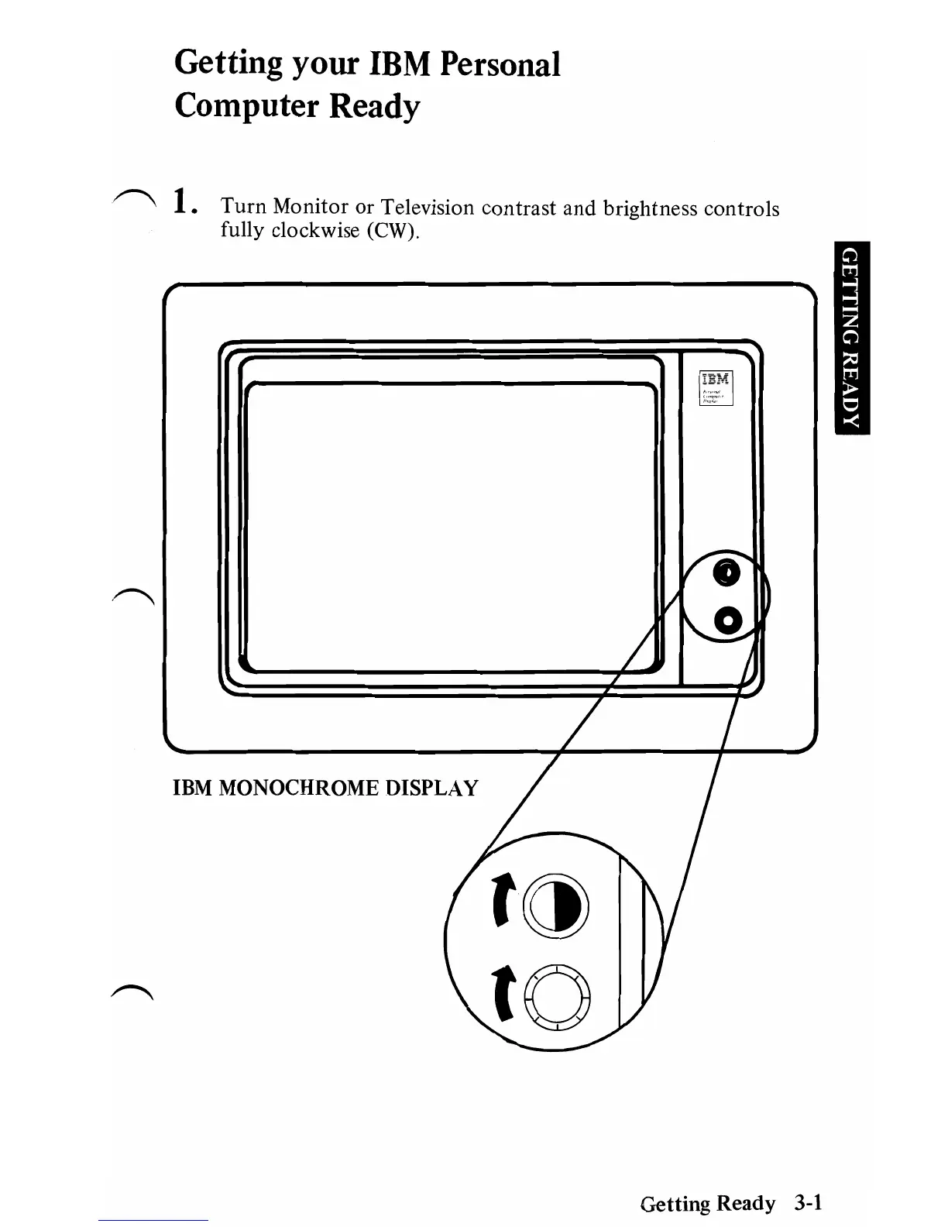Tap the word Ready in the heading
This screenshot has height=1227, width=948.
(375, 107)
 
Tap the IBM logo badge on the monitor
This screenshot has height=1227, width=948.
(716, 388)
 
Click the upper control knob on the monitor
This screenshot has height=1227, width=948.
(726, 572)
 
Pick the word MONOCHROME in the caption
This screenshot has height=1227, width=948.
(300, 789)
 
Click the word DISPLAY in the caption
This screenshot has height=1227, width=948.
(432, 789)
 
